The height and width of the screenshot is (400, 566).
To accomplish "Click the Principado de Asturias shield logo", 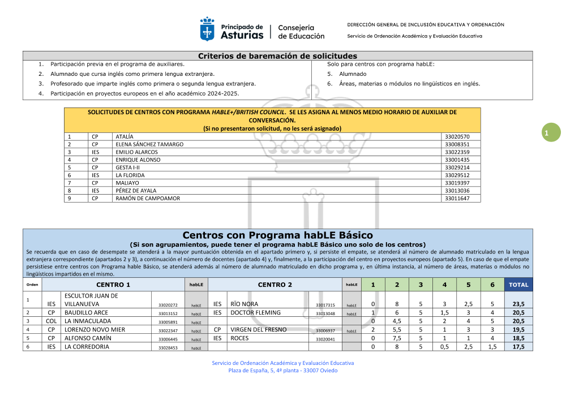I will click(207, 29).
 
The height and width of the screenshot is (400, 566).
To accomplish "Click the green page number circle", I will click(547, 133).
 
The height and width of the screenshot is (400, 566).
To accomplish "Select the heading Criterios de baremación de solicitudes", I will click(277, 56).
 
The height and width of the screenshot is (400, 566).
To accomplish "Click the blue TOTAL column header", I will click(518, 285).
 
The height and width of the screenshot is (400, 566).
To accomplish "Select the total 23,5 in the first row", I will click(518, 304).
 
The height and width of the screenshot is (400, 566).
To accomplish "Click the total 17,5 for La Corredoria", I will click(518, 347).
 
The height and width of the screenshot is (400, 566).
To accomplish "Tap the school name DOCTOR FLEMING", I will click(255, 313).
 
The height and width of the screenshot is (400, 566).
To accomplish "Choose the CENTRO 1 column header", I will click(113, 285).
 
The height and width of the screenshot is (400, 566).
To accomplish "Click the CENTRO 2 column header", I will click(275, 285).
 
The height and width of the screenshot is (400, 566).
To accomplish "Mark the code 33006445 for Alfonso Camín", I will click(168, 339).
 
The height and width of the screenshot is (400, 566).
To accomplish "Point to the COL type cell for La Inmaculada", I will click(52, 321).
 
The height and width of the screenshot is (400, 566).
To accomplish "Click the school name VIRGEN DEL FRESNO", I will click(258, 330).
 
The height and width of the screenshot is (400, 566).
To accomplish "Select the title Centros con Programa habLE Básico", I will click(277, 235).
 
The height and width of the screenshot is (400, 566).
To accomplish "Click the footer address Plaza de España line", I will click(282, 371).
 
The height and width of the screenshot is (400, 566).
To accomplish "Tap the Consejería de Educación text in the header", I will click(301, 32).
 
